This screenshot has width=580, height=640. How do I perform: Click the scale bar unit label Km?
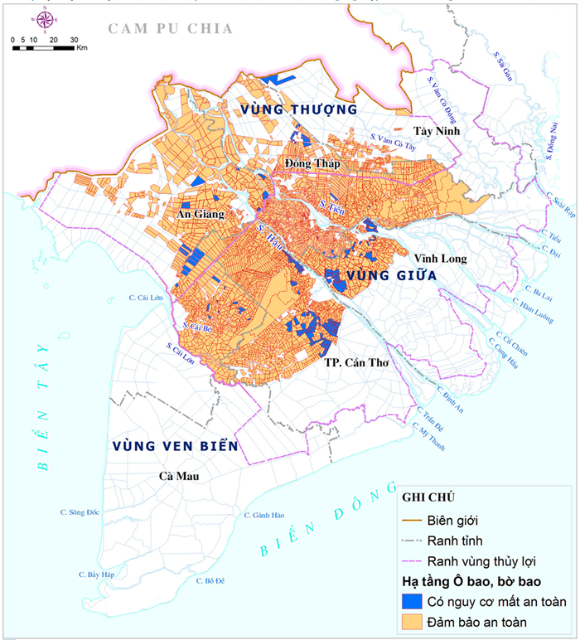(x=82, y=49)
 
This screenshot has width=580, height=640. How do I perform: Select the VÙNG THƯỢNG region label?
(x=298, y=109)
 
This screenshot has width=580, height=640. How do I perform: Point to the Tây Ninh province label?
(x=437, y=132)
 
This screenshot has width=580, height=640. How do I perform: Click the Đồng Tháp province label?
(x=307, y=163)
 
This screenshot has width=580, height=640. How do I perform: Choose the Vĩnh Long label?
(x=441, y=259)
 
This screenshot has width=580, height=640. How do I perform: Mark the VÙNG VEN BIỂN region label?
(x=176, y=446)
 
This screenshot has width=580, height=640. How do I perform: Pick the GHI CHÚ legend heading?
(x=431, y=497)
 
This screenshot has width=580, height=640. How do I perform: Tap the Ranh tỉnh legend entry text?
(x=455, y=541)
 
